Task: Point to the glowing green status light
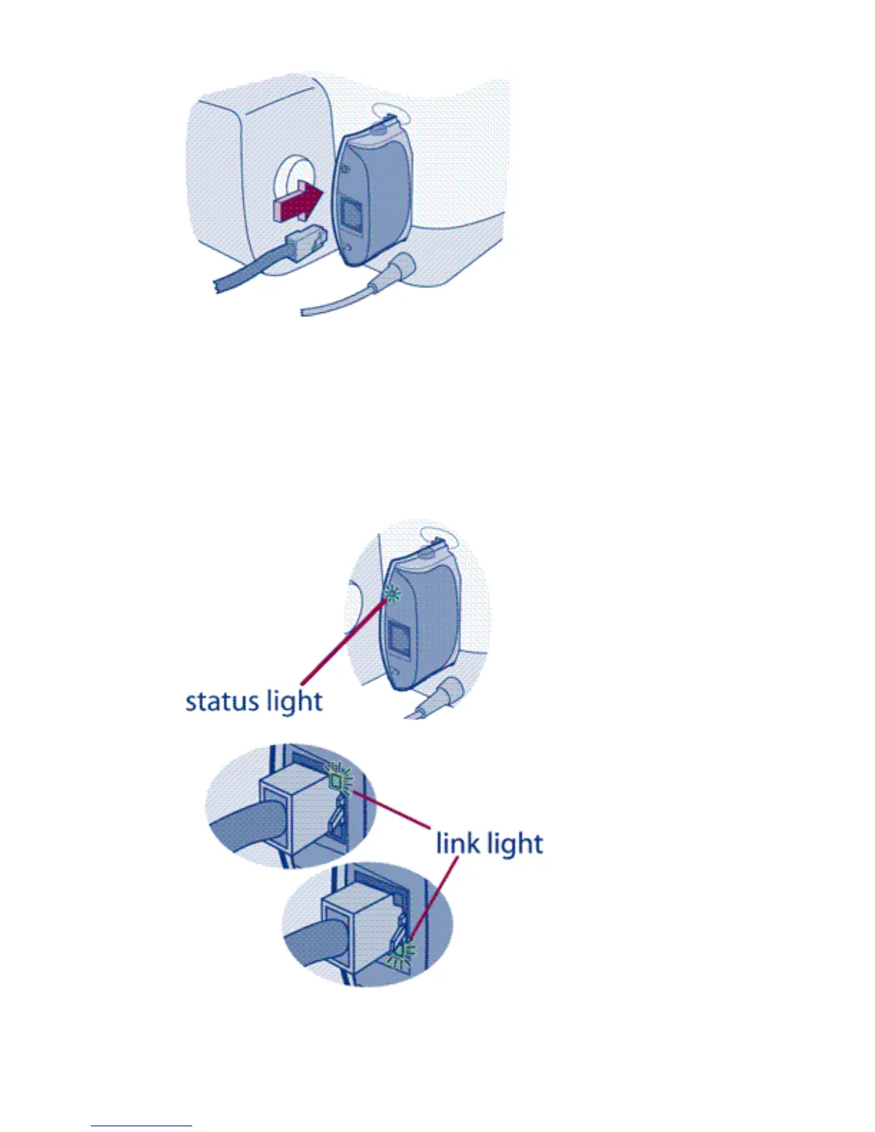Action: pyautogui.click(x=392, y=593)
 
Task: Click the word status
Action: pyautogui.click(x=222, y=701)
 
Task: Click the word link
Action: pyautogui.click(x=458, y=843)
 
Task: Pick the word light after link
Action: pyautogui.click(x=514, y=845)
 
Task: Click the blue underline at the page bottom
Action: pyautogui.click(x=142, y=1126)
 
